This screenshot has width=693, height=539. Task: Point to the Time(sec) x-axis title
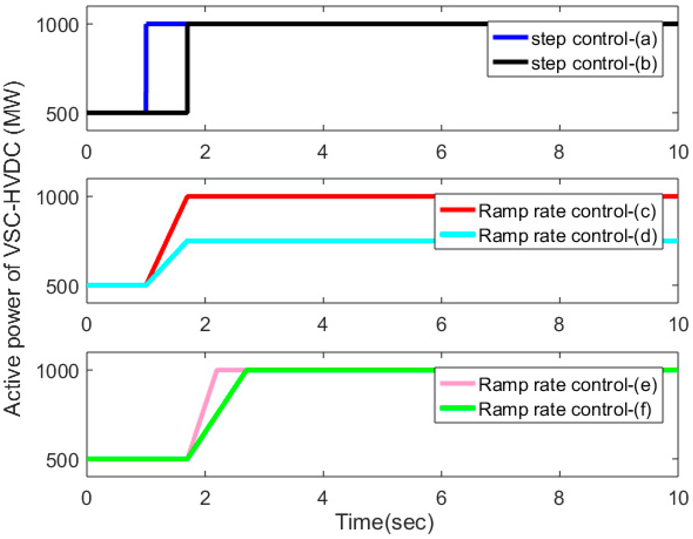[x=384, y=522]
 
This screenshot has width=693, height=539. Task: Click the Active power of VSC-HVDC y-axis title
[x=13, y=249]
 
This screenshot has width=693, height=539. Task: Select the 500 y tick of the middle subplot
[x=62, y=286]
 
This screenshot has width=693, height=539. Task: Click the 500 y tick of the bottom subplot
[x=62, y=460]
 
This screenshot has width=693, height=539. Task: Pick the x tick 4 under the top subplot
[x=323, y=152]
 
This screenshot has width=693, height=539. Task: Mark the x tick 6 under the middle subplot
[x=441, y=324]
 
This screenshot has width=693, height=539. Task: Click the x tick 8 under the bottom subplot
[x=559, y=498]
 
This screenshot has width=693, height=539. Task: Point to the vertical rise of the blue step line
[x=146, y=67]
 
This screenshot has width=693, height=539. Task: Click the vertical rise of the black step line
[x=187, y=67]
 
